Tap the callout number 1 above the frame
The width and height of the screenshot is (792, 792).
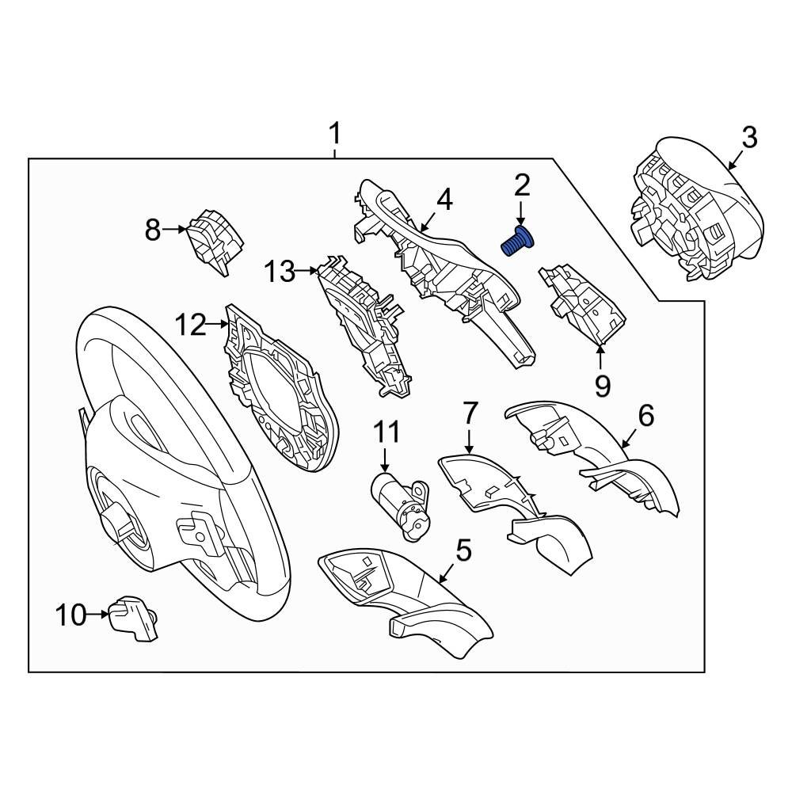335,133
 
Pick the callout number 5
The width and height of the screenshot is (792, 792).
463,550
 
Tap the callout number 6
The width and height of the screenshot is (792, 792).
645,415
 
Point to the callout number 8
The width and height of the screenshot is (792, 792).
152,230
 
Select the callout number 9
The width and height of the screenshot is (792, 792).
602,386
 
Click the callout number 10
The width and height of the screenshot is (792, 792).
70,614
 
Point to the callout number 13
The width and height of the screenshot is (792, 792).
279,272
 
